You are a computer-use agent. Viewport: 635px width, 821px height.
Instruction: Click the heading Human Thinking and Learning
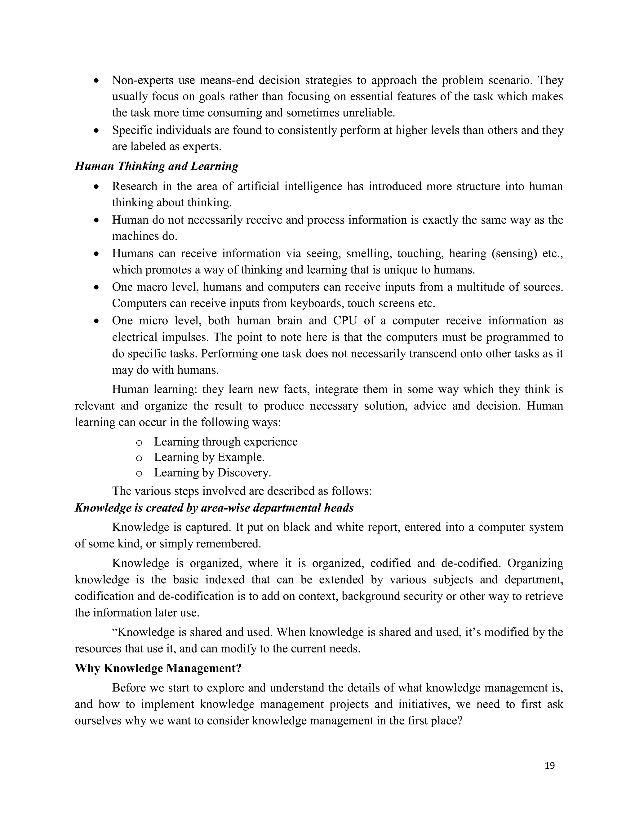click(157, 166)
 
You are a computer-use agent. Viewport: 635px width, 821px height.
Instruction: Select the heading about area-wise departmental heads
click(214, 508)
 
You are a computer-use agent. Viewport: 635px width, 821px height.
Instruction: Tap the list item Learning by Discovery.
click(212, 473)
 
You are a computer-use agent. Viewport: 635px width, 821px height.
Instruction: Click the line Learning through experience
click(226, 442)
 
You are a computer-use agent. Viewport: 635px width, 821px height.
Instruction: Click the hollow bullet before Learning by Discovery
click(139, 474)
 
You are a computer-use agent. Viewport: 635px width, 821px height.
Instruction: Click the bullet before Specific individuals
click(97, 131)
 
